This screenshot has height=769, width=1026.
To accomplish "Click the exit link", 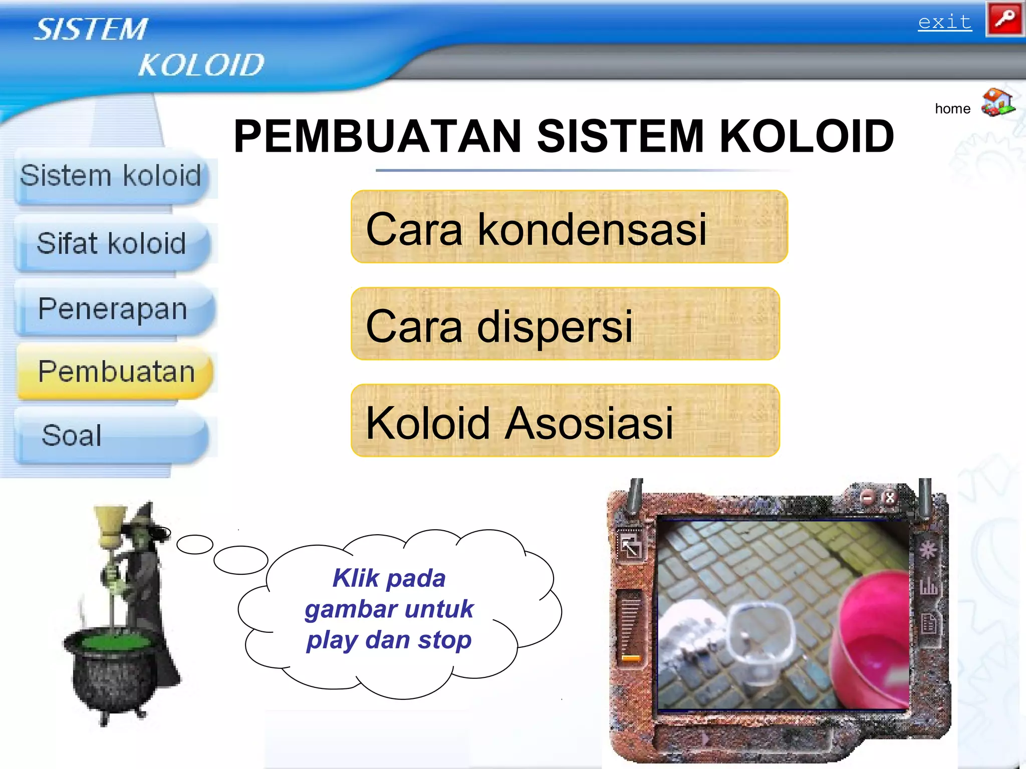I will coord(944,23).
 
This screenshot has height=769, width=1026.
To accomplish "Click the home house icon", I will coord(997,103).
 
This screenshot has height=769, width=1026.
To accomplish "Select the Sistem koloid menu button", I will coord(111,176).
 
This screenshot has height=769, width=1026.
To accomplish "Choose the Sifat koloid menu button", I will coord(112,244).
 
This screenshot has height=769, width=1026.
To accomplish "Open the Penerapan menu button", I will coord(113,309).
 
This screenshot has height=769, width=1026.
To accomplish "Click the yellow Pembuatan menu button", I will coord(116,372).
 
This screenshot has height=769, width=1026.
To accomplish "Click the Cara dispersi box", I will coord(565,324).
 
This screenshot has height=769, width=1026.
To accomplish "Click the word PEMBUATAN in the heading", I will coord(378,136).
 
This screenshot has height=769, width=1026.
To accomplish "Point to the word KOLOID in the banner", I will coord(201,65).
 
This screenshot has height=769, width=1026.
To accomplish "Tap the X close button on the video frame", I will coord(890,498).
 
